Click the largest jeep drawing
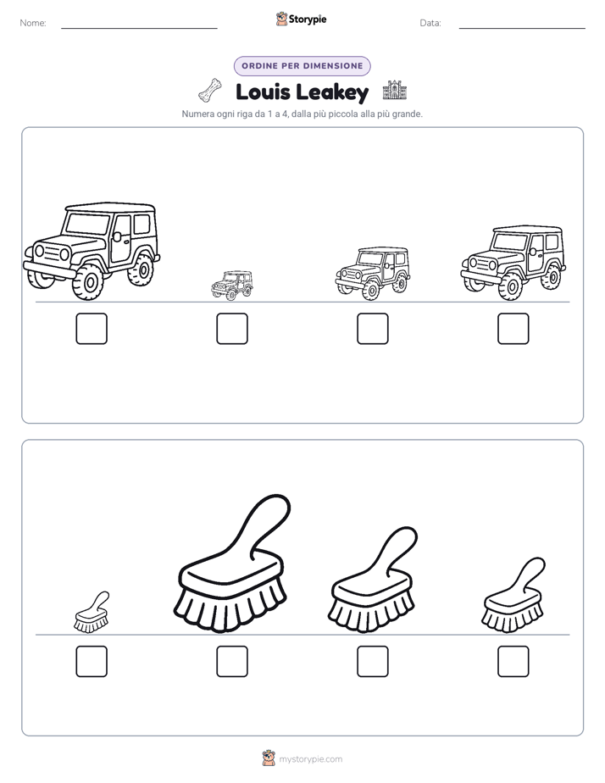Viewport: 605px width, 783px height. click(x=92, y=251)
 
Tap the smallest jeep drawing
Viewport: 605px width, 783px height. click(x=231, y=285)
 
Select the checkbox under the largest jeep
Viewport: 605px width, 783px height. click(x=92, y=329)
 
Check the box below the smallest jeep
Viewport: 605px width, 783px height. click(x=232, y=329)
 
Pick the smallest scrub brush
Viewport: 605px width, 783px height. click(x=92, y=612)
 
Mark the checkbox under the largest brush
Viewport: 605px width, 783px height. click(x=232, y=661)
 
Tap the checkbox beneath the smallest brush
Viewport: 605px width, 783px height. click(x=92, y=661)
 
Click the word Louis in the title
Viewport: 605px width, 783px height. click(x=263, y=92)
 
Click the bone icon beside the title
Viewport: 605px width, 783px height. click(x=209, y=91)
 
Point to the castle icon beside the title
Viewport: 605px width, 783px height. click(x=394, y=91)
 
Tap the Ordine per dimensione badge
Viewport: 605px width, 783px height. click(x=302, y=66)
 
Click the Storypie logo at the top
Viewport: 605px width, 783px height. click(x=301, y=19)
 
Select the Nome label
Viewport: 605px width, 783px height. click(x=33, y=23)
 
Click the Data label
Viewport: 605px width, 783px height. click(x=430, y=23)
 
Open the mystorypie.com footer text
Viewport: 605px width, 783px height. click(x=310, y=759)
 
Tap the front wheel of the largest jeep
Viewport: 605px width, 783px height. click(x=89, y=283)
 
